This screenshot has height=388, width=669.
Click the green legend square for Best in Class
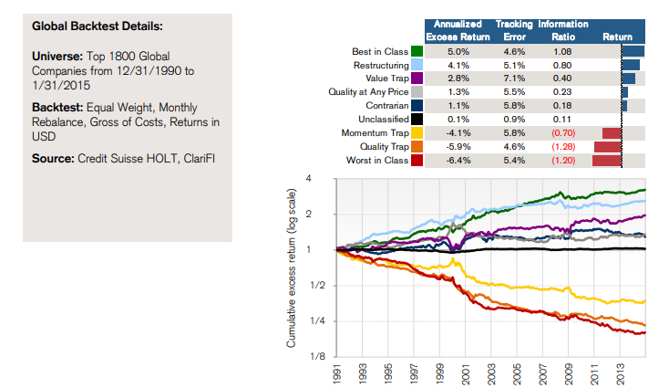point(417,51)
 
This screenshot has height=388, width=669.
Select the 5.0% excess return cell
point(457,51)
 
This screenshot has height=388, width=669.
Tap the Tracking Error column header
point(515,30)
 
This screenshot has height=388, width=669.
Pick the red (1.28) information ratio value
point(564,146)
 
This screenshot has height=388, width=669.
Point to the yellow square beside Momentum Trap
point(417,132)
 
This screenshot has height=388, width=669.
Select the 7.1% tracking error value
point(515,79)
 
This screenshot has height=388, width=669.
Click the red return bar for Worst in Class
point(607,160)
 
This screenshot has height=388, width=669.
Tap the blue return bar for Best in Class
point(633,51)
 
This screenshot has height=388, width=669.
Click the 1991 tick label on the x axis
point(338,372)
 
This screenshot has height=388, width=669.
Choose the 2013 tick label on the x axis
point(621,372)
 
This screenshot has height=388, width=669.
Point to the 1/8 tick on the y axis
point(319,356)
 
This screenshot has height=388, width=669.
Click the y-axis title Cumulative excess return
point(292,268)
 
